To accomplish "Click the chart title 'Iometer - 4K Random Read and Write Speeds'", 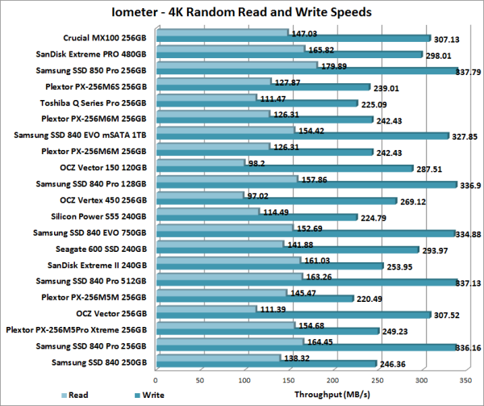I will click(241, 13).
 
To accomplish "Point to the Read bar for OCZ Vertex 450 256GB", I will click(200, 195).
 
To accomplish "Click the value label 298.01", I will click(440, 56).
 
